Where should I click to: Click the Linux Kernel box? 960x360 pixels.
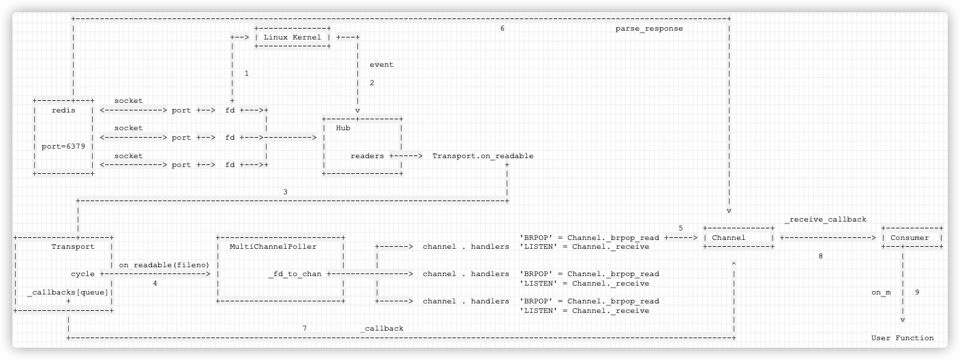292,37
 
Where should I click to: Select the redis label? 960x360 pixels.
63,110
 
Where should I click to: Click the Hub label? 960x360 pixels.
343,127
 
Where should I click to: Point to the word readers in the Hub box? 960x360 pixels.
367,155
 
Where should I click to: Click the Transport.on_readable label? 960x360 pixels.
483,155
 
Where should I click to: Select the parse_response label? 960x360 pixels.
648,29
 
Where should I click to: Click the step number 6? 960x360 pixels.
502,29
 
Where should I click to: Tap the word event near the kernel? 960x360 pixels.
381,65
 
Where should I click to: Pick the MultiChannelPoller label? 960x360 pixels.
273,246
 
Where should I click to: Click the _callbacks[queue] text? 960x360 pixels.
68,292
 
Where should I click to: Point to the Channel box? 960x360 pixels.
738,237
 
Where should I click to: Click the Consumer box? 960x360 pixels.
912,237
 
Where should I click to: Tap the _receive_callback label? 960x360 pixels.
826,220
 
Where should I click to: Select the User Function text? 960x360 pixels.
902,337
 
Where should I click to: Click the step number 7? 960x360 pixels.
304,328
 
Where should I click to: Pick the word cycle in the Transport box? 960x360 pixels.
82,273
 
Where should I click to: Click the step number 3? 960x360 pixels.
285,192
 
